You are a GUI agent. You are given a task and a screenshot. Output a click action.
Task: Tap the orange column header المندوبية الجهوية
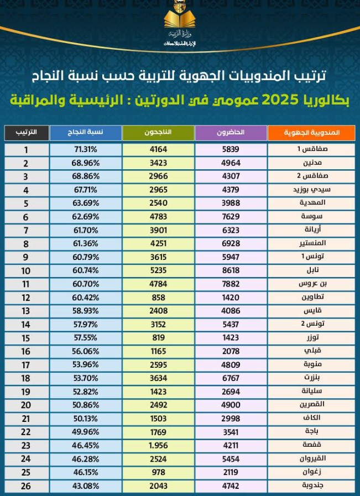pyautogui.click(x=311, y=133)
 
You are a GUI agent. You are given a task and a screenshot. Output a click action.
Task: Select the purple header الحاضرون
pyautogui.click(x=231, y=133)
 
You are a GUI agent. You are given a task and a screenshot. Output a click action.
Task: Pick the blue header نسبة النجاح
pyautogui.click(x=85, y=133)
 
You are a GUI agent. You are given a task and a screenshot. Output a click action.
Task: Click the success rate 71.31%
pyautogui.click(x=86, y=149)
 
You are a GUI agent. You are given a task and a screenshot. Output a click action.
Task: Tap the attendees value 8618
pyautogui.click(x=230, y=270)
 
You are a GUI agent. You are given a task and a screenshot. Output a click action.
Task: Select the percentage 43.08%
pyautogui.click(x=86, y=486)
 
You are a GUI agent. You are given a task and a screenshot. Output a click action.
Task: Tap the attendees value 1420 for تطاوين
pyautogui.click(x=230, y=297)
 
